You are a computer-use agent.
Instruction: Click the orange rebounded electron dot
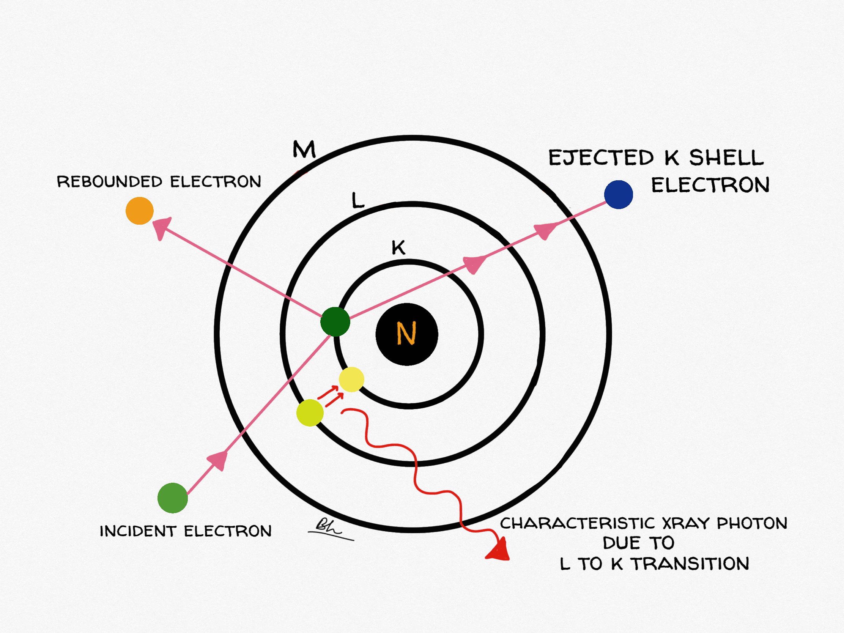click(140, 211)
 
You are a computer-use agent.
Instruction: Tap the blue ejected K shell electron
click(619, 195)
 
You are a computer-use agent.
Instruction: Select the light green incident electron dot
click(172, 498)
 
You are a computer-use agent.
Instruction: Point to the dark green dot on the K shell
click(335, 322)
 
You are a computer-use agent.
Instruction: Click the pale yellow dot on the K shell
click(351, 379)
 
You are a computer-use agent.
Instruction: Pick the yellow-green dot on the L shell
click(310, 413)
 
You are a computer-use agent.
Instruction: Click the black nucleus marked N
click(407, 334)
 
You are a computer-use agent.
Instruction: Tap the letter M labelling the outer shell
click(304, 149)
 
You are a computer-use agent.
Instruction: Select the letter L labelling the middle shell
click(357, 200)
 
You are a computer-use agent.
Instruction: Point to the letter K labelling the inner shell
click(398, 248)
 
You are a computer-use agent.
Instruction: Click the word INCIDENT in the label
click(138, 531)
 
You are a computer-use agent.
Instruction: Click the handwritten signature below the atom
click(329, 529)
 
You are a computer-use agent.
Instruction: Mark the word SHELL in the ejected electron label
click(726, 157)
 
